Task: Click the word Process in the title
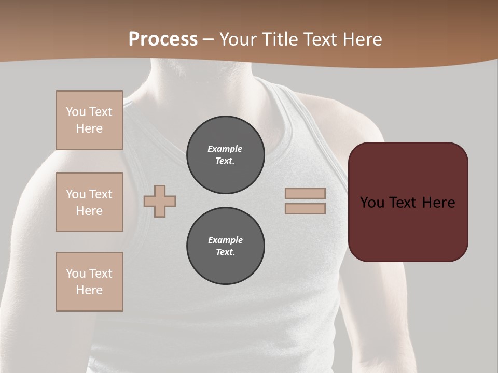[163, 39]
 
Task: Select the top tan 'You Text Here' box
[89, 120]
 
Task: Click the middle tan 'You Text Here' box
[89, 202]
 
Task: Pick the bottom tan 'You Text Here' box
[89, 282]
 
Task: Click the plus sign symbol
[160, 201]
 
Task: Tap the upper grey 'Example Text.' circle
[225, 155]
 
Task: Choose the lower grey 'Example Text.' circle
[225, 246]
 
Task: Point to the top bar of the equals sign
[305, 193]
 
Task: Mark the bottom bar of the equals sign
[305, 208]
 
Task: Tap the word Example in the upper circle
[225, 149]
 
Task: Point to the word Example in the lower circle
[225, 240]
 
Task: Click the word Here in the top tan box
[89, 128]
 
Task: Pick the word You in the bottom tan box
[76, 274]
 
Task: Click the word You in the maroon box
[372, 203]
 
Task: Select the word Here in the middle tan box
[89, 211]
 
